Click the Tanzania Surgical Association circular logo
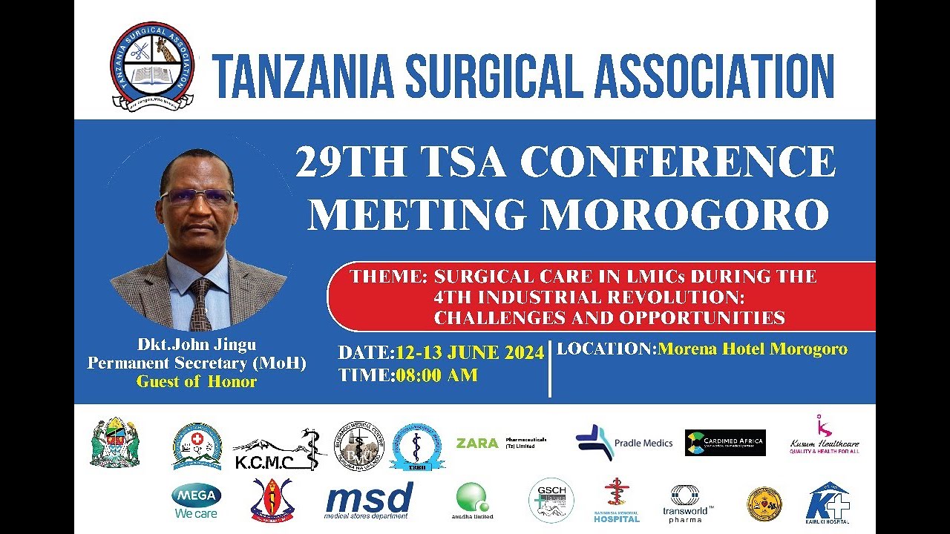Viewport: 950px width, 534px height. coord(152,65)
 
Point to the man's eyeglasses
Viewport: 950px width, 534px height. coord(197,197)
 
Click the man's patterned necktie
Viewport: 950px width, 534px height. coord(200,304)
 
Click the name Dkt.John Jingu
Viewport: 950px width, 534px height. coord(197,345)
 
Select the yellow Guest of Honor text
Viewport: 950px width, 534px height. coord(197,382)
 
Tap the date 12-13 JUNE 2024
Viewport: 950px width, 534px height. coord(470,353)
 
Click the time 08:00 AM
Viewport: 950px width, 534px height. coord(436,375)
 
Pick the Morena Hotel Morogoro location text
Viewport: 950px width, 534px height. coord(752,349)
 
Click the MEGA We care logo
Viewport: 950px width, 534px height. coord(196,501)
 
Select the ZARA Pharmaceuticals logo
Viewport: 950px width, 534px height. coord(501,444)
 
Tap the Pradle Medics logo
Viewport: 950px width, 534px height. coord(623,443)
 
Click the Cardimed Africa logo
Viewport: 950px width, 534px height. coord(725,443)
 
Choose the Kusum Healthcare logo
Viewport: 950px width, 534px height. coord(824,435)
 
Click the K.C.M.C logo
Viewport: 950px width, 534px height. coord(280,451)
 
